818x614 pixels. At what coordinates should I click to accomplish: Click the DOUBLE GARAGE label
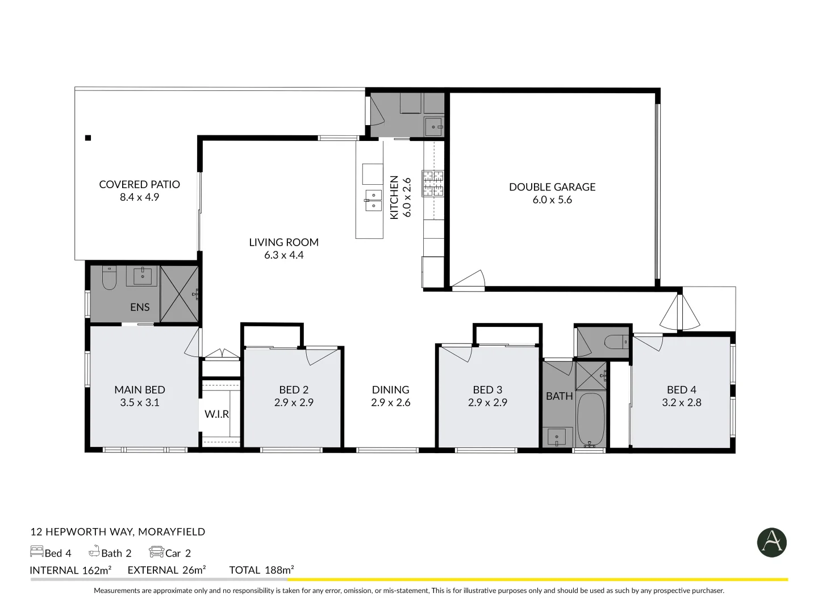[x=552, y=186]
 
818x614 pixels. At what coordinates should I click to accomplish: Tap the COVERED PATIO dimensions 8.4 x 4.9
[x=139, y=197]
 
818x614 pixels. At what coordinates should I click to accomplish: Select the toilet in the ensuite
[x=108, y=277]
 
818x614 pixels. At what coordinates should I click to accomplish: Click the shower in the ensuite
[x=180, y=294]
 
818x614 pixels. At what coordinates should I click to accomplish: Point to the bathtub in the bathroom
[x=591, y=419]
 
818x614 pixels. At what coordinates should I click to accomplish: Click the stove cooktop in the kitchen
[x=432, y=184]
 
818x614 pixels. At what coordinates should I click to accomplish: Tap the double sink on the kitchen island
[x=373, y=201]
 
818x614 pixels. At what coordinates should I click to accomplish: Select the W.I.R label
[x=217, y=414]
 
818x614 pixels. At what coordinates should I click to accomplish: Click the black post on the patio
[x=88, y=138]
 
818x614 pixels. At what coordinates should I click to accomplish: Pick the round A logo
[x=771, y=542]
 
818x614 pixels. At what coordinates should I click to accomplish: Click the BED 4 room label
[x=681, y=389]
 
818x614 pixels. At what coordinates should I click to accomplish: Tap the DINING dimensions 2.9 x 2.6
[x=390, y=403]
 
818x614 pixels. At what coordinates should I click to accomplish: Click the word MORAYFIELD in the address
[x=172, y=532]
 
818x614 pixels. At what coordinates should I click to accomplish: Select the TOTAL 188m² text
[x=261, y=570]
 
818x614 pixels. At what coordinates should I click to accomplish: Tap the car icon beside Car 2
[x=156, y=552]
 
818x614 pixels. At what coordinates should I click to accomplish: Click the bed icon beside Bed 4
[x=36, y=552]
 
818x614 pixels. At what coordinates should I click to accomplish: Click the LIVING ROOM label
[x=283, y=242]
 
